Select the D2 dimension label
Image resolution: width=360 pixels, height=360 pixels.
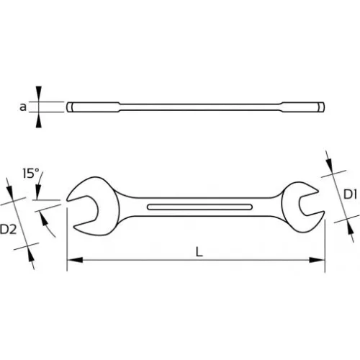click(x=9, y=230)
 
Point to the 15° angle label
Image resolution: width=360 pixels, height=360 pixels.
click(x=30, y=173)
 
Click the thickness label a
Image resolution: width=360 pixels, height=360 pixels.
click(x=24, y=107)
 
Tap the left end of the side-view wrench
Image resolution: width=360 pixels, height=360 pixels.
click(x=70, y=107)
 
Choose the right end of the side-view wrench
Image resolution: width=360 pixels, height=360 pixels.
click(x=322, y=107)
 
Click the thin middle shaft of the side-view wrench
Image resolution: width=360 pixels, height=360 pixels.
click(x=194, y=107)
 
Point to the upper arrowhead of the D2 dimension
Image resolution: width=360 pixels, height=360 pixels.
click(x=14, y=192)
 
